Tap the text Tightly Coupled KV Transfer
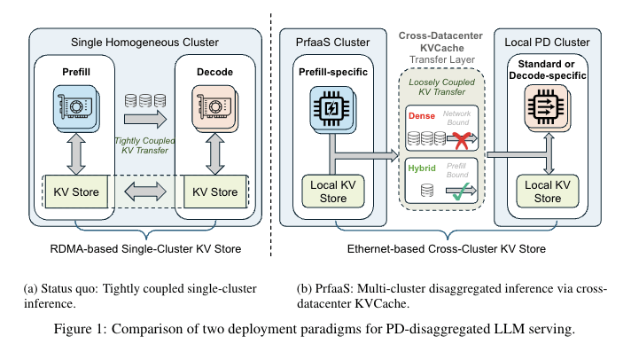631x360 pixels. tap(144, 144)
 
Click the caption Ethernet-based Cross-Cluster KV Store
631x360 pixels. tap(446, 250)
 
